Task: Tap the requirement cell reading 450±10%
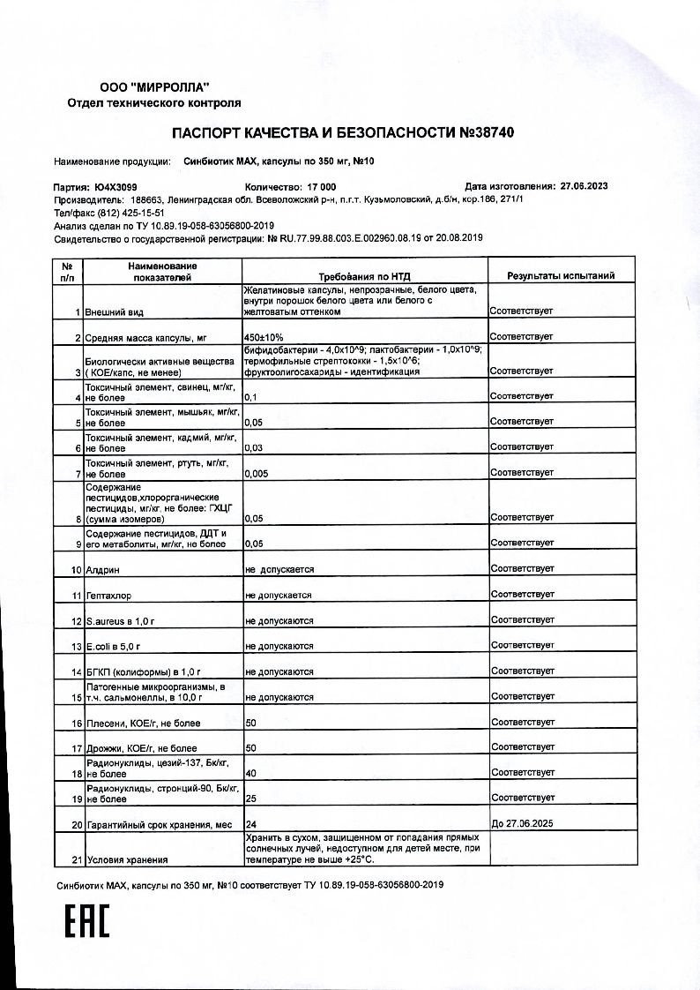click(x=263, y=337)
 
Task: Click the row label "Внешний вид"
click(x=114, y=312)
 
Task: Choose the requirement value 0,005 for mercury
click(x=257, y=473)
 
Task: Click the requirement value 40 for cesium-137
click(x=251, y=773)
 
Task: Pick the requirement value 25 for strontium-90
click(x=251, y=799)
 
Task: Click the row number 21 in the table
click(x=77, y=859)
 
